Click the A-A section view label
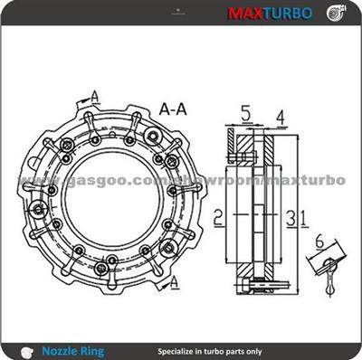point(175,107)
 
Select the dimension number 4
point(281,117)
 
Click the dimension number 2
point(218,216)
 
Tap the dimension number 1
point(303,216)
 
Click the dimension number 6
point(319,241)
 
